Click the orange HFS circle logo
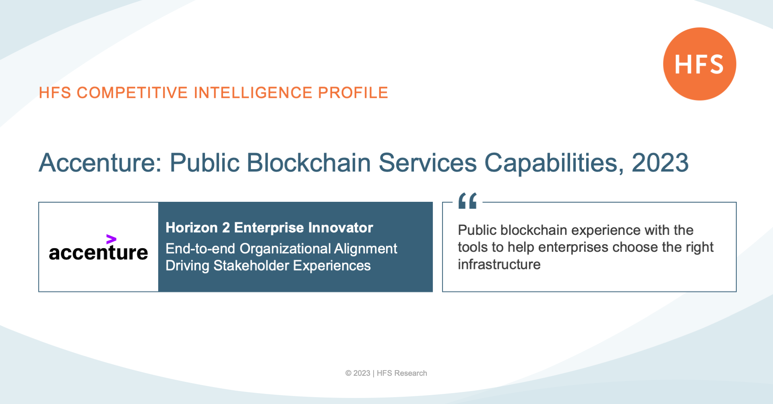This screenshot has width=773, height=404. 700,64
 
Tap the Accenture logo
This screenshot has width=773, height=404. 98,247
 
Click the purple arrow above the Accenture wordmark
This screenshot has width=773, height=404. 111,239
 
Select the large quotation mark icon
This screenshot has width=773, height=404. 467,201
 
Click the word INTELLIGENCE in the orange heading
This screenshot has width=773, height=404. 253,93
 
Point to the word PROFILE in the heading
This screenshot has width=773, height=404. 353,93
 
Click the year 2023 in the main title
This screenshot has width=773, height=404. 660,163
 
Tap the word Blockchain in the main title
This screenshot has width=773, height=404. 308,163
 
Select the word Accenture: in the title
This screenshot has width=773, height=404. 100,163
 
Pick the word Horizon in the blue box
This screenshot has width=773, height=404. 192,228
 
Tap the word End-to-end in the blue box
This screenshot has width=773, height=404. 200,249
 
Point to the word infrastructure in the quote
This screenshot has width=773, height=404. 499,264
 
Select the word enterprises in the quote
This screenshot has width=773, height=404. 573,247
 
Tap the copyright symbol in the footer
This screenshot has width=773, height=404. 348,373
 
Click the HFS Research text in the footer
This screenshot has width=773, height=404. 402,373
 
